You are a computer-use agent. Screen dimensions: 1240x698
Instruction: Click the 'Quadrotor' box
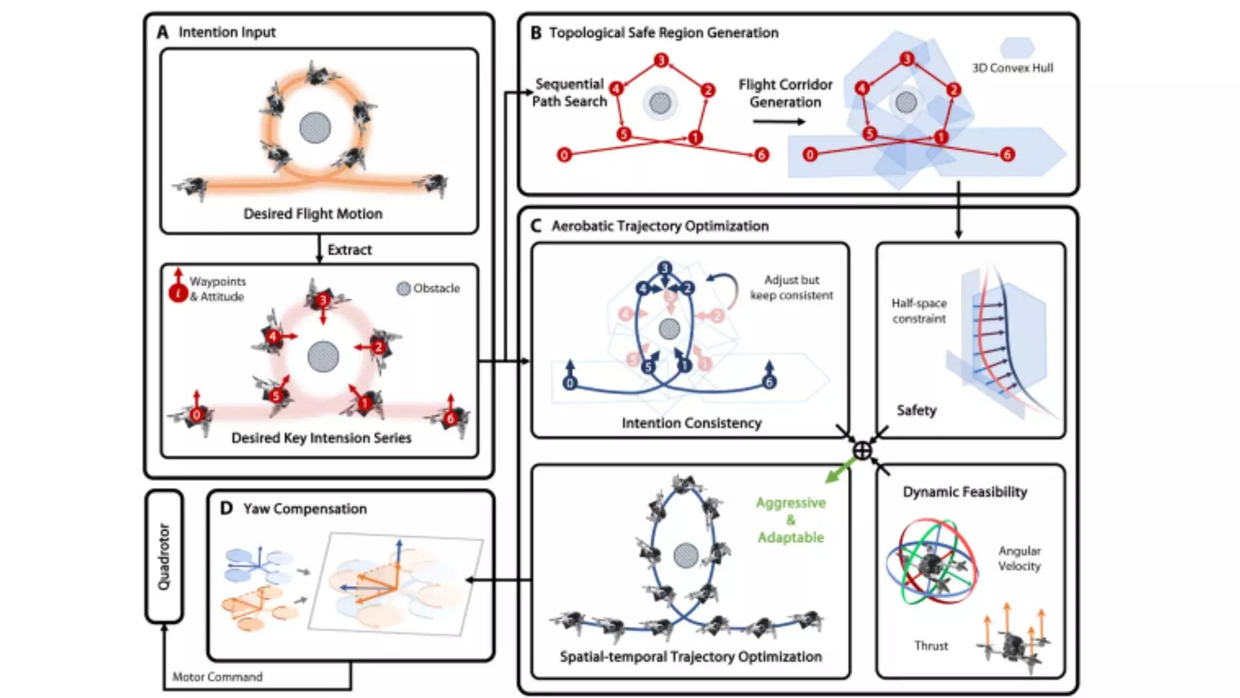pos(164,556)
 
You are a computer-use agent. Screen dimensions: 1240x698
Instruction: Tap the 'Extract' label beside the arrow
pos(349,250)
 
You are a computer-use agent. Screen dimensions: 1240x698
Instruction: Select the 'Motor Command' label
pos(218,677)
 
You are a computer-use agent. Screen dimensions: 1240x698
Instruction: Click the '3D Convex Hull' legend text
pos(1013,68)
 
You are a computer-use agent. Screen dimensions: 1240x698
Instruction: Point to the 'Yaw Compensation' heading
pos(305,509)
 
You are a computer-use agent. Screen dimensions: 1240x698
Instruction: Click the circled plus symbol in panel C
pos(862,450)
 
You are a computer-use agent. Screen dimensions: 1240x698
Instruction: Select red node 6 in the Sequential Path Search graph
pos(762,154)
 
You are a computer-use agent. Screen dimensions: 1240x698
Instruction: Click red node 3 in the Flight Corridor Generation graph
pos(907,59)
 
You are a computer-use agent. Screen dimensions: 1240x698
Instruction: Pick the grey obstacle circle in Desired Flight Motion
pos(315,127)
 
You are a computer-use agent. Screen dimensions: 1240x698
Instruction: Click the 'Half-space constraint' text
pos(919,311)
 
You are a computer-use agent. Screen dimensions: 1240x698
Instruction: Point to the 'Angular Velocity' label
pos(1019,558)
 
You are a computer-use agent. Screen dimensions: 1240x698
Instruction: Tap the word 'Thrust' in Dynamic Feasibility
pos(931,646)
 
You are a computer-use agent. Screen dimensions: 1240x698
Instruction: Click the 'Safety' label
pos(916,410)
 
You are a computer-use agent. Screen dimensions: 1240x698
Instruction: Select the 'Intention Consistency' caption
pos(692,423)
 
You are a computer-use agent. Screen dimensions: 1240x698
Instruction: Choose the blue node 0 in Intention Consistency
pos(570,383)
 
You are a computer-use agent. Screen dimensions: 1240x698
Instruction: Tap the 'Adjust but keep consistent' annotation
pos(791,288)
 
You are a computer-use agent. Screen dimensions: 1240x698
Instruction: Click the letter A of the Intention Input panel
pos(163,32)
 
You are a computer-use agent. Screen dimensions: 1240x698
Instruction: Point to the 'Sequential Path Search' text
pos(569,92)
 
